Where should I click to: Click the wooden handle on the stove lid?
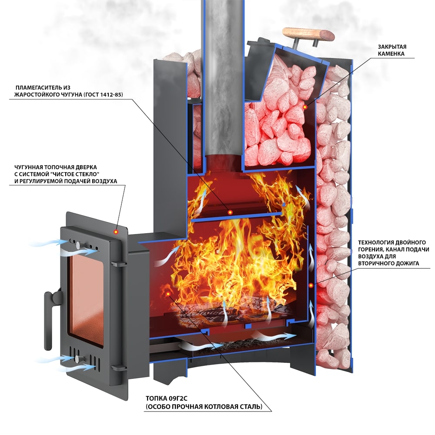coord(308,35)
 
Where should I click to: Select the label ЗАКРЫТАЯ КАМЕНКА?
coord(391,50)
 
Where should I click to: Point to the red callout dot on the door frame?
coord(116,232)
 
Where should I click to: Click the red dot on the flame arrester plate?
coord(230,212)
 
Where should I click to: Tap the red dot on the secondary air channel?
coord(311,285)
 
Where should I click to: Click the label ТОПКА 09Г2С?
coord(167,398)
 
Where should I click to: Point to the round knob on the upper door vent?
coord(77,245)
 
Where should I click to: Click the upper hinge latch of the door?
coord(118,264)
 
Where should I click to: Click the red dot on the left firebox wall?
coord(168,294)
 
